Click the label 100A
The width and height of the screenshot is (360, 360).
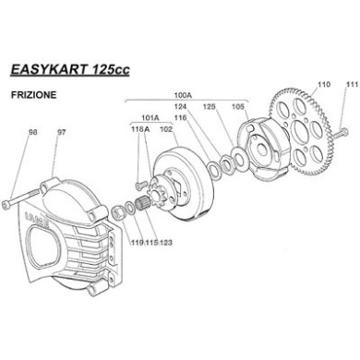click(183, 94)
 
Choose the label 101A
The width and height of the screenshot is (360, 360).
click(150, 118)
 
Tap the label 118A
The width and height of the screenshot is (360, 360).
click(140, 130)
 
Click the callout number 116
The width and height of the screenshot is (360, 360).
click(181, 118)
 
